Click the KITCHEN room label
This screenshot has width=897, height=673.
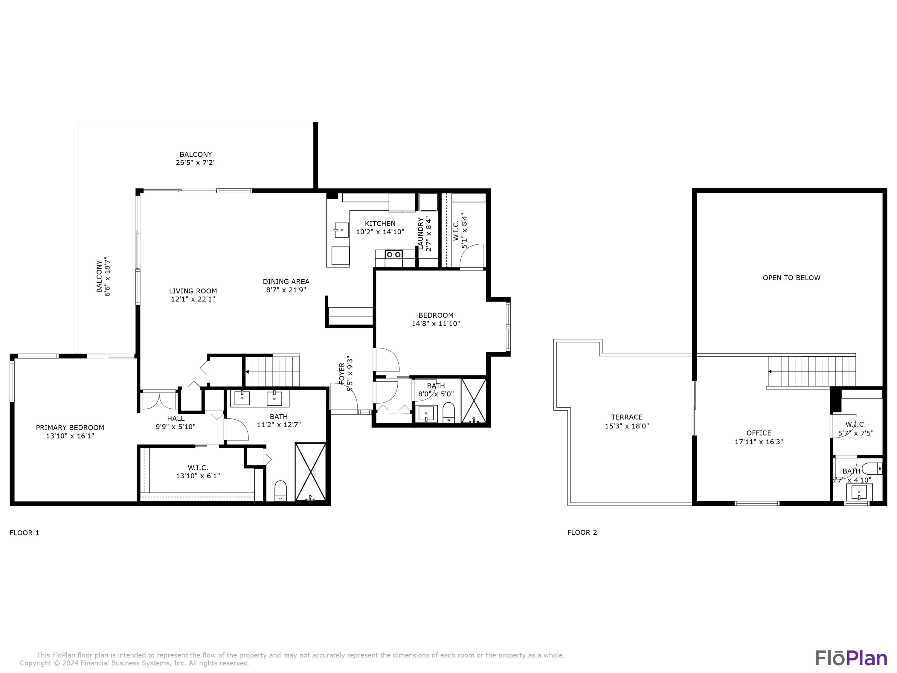coord(380,223)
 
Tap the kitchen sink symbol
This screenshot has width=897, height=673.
coord(341,230)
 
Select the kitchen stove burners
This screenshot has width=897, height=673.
coord(394,254)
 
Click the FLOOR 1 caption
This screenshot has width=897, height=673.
coord(24,533)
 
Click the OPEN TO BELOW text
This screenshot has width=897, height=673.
coord(791,278)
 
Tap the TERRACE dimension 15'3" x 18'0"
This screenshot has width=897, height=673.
coord(626,426)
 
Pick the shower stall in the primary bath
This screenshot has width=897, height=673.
coord(310,472)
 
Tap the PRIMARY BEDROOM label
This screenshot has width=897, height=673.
coord(70,427)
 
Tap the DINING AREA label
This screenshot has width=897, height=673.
coord(286,281)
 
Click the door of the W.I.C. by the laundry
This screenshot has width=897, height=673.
coord(472,256)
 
